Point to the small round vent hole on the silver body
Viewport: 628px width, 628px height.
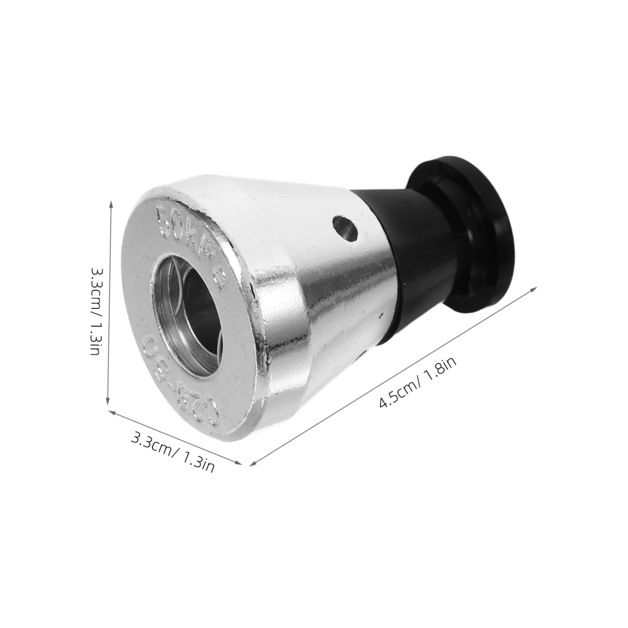(345, 229)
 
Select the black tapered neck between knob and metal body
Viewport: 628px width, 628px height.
(389, 246)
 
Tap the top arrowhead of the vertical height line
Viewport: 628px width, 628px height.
(112, 203)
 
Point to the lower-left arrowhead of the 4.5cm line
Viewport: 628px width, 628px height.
(253, 465)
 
